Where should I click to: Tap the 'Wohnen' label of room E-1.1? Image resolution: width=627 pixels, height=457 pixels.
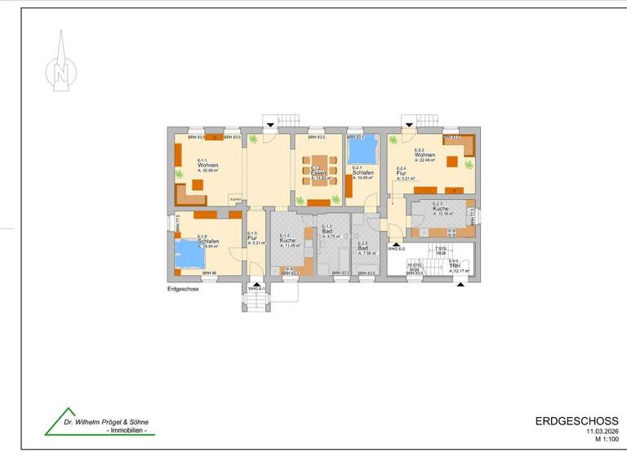207,166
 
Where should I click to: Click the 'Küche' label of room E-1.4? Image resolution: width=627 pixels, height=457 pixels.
287,242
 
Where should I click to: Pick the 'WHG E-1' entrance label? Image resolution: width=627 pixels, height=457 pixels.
256,290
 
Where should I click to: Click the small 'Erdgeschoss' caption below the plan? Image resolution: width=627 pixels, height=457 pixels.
183,289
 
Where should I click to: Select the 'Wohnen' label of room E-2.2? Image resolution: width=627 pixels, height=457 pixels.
425,155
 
